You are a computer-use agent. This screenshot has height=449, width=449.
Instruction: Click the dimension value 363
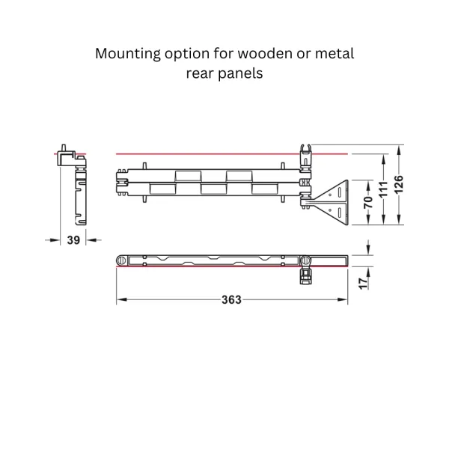231,300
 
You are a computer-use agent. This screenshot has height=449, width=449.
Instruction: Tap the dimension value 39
73,240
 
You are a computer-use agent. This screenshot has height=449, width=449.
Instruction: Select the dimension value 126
398,184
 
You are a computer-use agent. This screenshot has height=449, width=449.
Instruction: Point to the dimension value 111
383,189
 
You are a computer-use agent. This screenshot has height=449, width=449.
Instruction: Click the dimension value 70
368,202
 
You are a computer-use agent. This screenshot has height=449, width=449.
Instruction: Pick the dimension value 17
363,284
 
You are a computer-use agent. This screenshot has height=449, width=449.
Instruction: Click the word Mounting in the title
128,54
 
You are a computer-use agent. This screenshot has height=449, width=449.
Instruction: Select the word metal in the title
335,54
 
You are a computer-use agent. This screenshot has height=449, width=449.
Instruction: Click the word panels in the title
240,73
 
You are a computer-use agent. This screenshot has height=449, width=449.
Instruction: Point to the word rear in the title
200,74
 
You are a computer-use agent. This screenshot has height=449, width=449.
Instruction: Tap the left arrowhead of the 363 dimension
122,300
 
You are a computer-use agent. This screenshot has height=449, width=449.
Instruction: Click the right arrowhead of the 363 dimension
343,300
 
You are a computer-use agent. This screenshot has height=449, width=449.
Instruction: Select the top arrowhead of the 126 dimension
398,150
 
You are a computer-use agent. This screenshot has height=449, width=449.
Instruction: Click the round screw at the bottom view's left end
122,260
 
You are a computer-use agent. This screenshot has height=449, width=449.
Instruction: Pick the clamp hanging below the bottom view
305,275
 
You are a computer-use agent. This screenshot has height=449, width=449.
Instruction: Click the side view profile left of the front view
73,185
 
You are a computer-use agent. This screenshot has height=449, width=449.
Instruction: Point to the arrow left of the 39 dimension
52,240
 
